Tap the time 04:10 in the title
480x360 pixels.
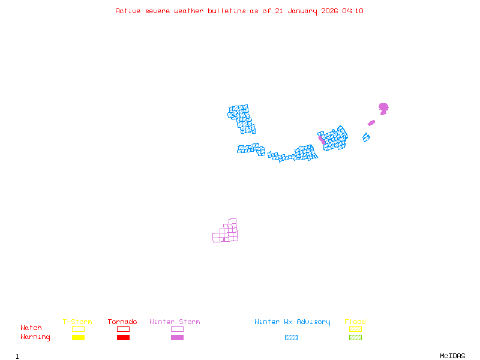tap(352, 11)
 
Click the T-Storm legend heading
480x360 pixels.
tap(77, 322)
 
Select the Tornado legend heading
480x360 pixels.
tap(122, 322)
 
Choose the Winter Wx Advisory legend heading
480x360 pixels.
tap(292, 322)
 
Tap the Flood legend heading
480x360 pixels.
tap(355, 322)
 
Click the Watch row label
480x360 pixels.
tap(31, 328)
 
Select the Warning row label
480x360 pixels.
tap(35, 337)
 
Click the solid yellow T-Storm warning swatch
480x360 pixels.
tap(78, 338)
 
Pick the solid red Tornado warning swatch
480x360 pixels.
tap(123, 338)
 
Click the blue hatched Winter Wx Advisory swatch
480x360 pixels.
tap(291, 338)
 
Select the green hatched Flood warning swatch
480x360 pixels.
tap(355, 338)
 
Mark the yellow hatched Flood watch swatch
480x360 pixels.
tap(355, 329)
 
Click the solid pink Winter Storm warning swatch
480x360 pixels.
tap(177, 338)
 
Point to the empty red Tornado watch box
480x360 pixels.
tap(123, 329)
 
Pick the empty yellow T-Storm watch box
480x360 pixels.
tap(78, 329)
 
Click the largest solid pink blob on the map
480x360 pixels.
tap(383, 108)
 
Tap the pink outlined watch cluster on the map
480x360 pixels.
tap(226, 232)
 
